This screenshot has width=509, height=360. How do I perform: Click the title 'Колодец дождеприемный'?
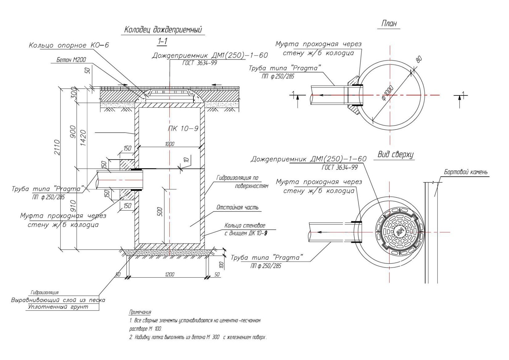click(x=163, y=30)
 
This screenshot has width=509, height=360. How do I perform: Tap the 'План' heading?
click(x=389, y=23)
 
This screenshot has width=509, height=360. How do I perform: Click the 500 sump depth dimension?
click(x=160, y=211)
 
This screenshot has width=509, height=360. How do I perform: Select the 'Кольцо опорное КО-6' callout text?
click(x=69, y=45)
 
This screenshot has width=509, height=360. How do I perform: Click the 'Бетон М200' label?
click(x=71, y=60)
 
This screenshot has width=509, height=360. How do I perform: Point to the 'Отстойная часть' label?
click(x=238, y=207)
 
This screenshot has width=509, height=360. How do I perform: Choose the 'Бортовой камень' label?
click(x=466, y=172)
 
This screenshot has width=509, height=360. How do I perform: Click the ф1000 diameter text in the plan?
click(x=387, y=93)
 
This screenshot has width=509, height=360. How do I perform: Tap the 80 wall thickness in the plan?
click(x=419, y=60)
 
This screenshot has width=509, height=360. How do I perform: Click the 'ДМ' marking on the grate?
click(x=399, y=232)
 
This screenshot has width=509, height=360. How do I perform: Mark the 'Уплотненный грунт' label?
click(x=58, y=307)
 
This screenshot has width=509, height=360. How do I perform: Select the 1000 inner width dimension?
click(x=170, y=144)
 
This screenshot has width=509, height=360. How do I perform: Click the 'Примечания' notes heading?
click(x=140, y=312)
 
